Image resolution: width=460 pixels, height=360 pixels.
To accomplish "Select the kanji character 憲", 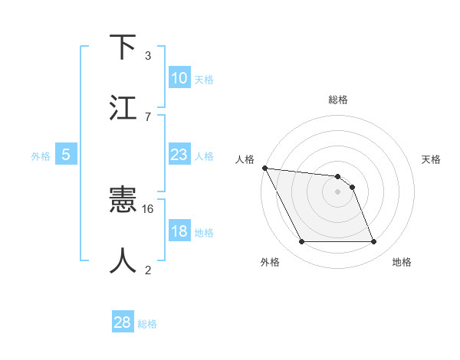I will [124, 201].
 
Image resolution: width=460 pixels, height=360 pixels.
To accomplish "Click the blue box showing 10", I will [179, 78].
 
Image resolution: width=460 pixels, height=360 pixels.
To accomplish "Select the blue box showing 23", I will [179, 155].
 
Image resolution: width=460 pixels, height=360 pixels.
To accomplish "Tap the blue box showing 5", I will [66, 155].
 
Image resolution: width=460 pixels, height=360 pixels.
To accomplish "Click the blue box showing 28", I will [122, 322].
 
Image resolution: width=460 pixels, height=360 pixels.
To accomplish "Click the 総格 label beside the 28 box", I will [147, 324].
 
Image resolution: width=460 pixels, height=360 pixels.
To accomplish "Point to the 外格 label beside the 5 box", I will [41, 156].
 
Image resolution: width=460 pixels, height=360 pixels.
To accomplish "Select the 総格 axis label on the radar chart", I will [338, 100].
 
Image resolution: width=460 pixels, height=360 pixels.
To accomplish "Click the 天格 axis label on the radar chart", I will [432, 159].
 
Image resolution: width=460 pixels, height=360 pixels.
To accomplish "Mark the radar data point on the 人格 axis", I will [264, 168].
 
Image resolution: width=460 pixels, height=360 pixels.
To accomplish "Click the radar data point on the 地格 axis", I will [373, 242].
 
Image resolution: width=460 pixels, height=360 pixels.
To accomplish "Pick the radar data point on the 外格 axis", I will [301, 242].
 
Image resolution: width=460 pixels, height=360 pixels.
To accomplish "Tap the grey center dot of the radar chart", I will [337, 191].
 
